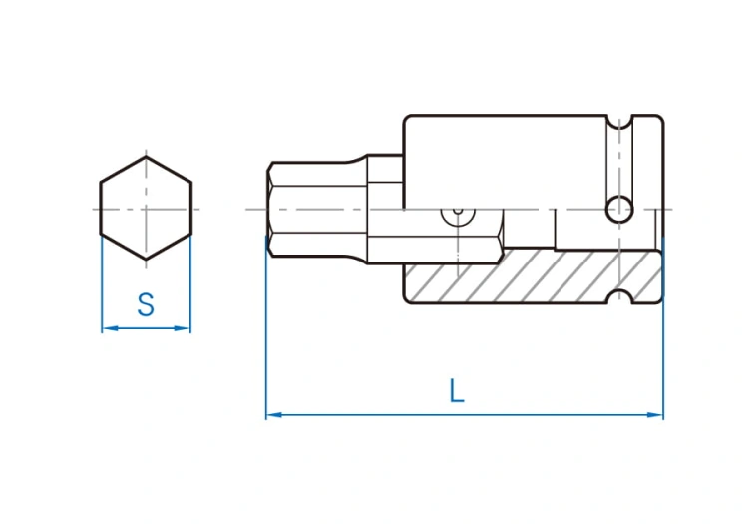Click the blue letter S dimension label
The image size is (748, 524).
[146, 305]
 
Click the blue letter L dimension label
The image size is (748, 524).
[457, 391]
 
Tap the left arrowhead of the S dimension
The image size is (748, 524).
[110, 328]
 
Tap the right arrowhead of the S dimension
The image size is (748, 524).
[183, 328]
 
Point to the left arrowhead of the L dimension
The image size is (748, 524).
[274, 415]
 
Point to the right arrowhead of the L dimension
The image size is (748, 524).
[655, 415]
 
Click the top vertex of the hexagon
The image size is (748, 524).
[146, 157]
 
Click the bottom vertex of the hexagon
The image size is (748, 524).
[146, 260]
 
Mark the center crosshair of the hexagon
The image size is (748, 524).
[146, 209]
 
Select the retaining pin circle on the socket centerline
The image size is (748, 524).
[619, 209]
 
